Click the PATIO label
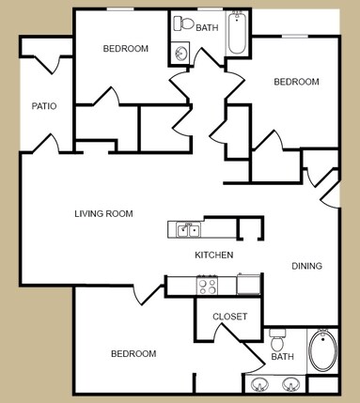point(44,106)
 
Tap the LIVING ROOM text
point(103,214)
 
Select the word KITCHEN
point(213,256)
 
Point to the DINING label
point(306,266)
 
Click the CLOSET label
point(230,317)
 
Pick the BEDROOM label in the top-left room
point(125,49)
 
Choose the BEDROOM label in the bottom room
point(133,354)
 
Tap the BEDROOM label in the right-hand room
point(296,82)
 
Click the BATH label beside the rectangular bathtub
point(207,28)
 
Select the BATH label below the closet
point(281,358)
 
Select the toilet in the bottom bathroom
point(277,335)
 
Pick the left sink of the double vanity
point(258,384)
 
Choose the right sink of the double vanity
point(291,384)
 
